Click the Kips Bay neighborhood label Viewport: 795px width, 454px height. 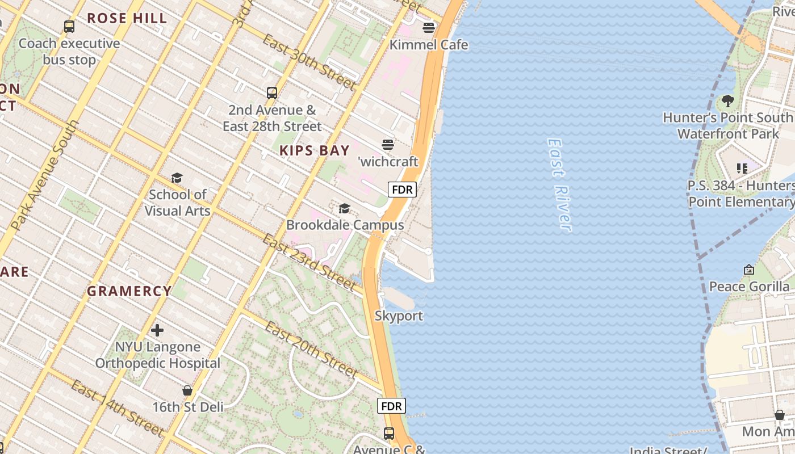pos(315,150)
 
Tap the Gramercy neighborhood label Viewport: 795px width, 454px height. pos(129,291)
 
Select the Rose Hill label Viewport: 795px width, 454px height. pos(127,18)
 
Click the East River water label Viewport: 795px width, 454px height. pos(559,184)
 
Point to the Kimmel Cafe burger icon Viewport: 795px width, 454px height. pos(429,28)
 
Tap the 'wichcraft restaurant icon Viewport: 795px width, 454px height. pos(388,145)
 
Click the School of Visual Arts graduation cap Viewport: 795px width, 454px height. pos(177,178)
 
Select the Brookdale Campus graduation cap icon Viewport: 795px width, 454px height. pos(344,209)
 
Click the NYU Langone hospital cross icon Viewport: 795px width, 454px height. pos(157,330)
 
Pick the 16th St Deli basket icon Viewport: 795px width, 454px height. pos(187,391)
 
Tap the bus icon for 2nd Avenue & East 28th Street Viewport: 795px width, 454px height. pos(272,93)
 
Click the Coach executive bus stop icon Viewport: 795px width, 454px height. pos(69,27)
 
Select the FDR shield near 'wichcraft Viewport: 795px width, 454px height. pos(402,190)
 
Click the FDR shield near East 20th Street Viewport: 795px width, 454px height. pos(391,406)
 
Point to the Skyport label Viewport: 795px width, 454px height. pos(399,316)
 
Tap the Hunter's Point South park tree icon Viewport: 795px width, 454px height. pos(727,102)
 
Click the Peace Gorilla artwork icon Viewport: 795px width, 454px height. pos(749,270)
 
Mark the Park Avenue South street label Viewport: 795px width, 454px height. pos(45,176)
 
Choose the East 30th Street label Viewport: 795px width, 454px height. pos(309,62)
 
